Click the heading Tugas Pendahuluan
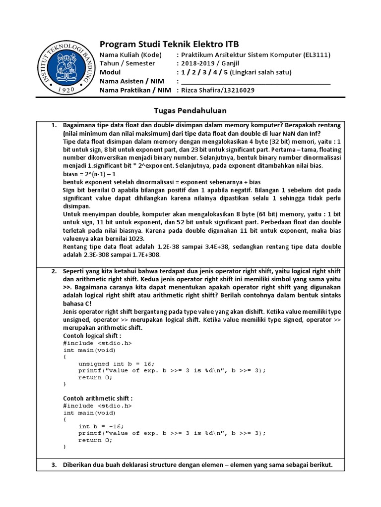190,110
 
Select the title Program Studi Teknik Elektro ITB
169,44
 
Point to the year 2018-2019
196,63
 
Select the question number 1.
55,126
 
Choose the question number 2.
55,272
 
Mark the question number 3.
55,465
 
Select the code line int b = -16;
101,426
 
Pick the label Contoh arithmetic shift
98,398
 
